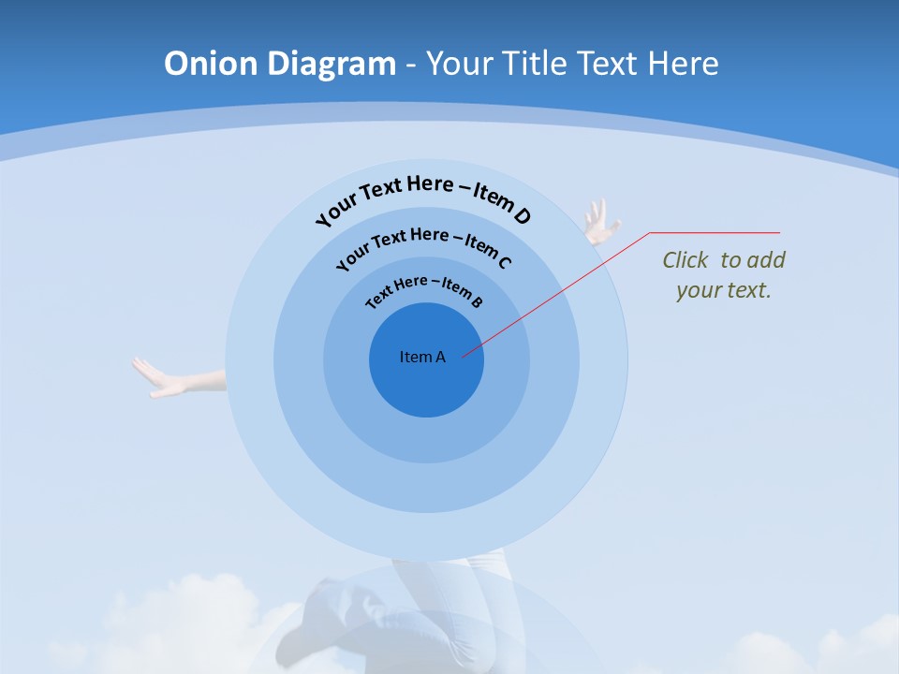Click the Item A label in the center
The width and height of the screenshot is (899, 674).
(422, 357)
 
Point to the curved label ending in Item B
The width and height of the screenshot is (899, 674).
(424, 290)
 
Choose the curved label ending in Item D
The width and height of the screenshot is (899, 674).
(424, 197)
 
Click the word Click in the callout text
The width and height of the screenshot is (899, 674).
(686, 260)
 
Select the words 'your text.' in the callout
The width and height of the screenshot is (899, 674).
(723, 290)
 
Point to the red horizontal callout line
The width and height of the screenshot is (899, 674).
(715, 232)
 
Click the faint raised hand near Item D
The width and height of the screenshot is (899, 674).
(598, 222)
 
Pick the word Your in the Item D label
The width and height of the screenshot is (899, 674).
(336, 210)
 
